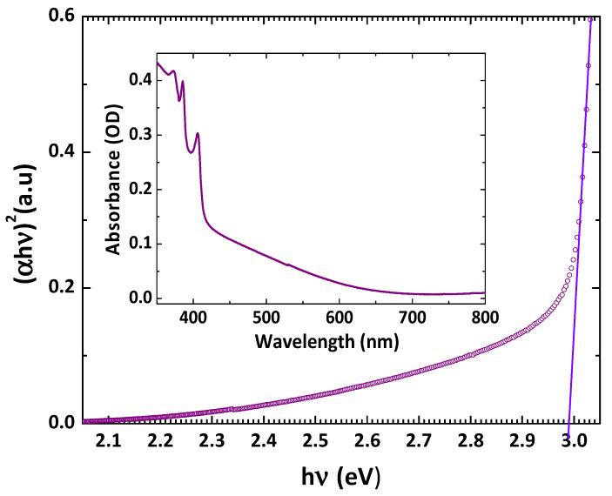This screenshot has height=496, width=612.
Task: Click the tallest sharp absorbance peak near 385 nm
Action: tap(182, 82)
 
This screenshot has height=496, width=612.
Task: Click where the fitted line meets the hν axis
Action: tap(568, 423)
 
